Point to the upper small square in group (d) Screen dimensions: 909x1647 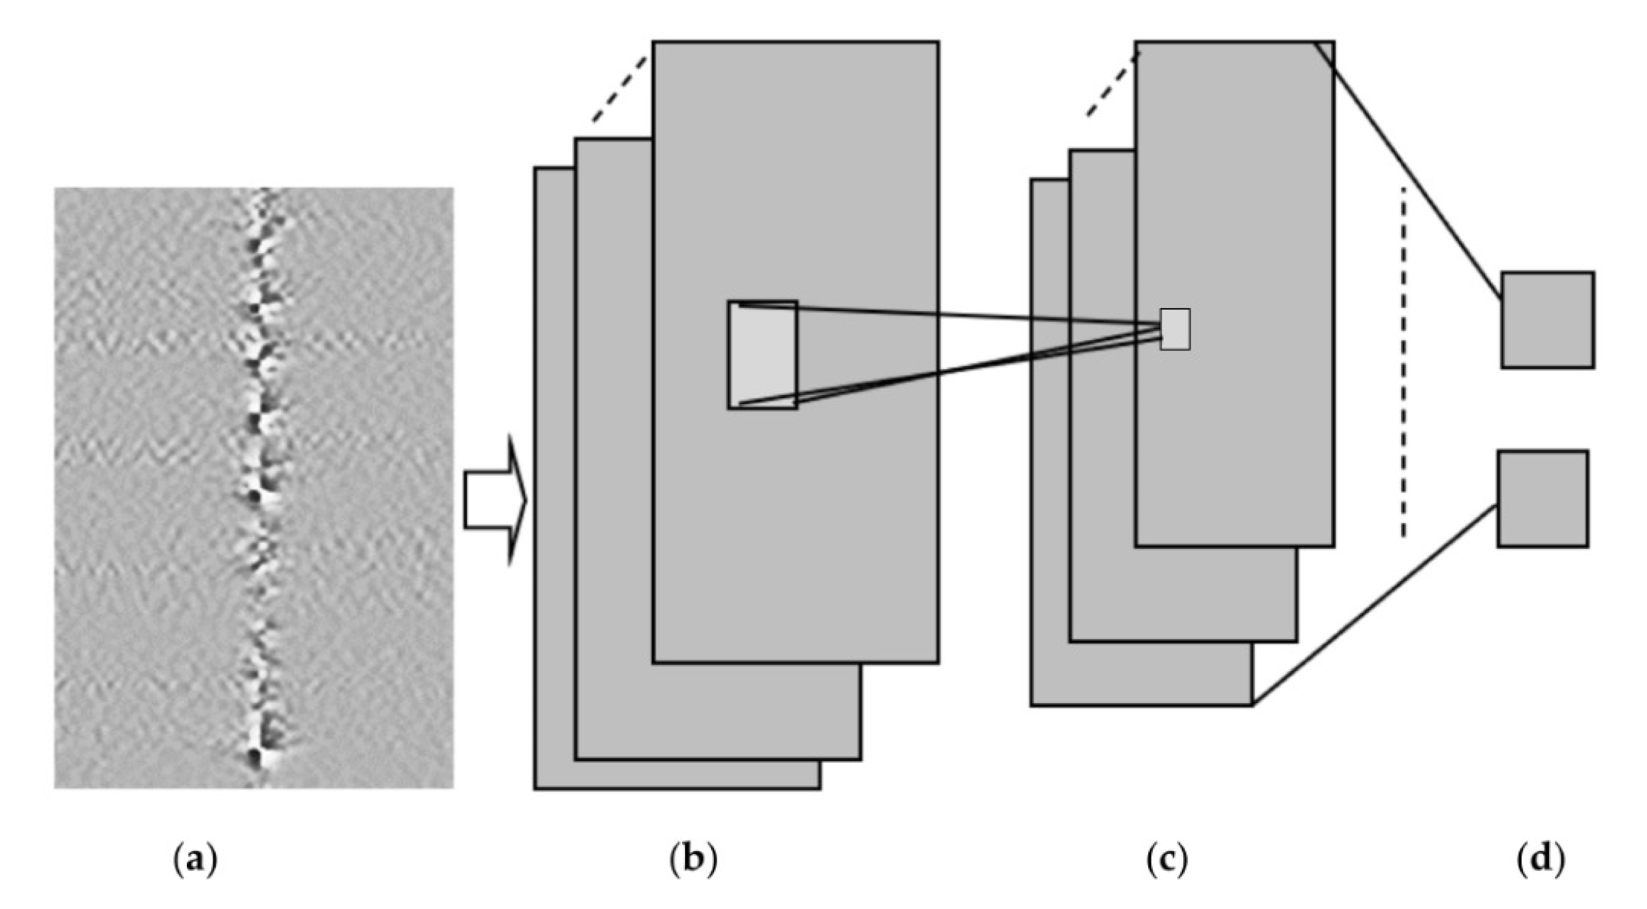point(1547,320)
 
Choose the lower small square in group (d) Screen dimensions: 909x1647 point(1542,499)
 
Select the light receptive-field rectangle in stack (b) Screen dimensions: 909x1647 point(762,355)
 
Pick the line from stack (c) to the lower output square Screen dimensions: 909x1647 point(1375,604)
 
